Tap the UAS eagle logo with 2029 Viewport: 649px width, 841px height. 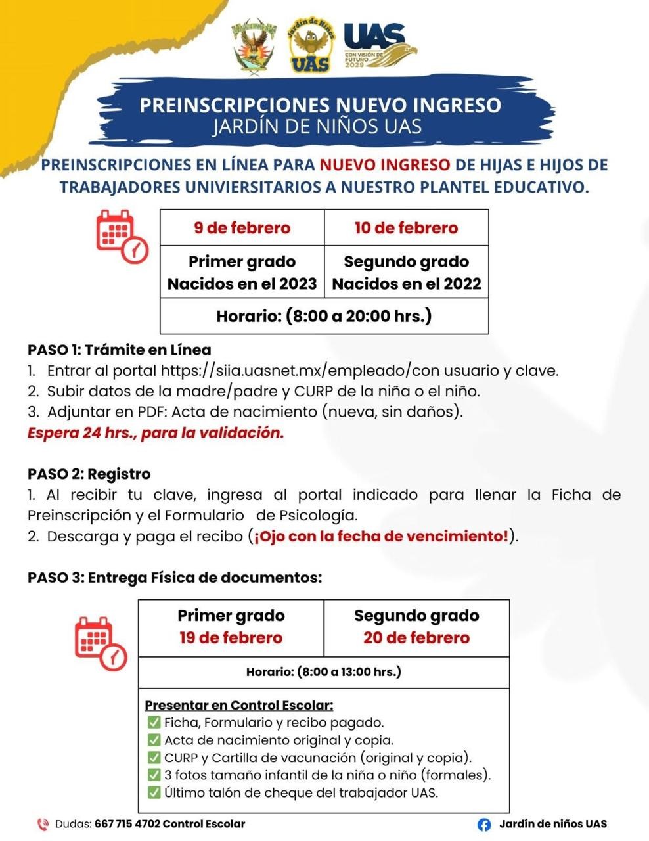[380, 46]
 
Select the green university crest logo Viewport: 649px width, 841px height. [254, 46]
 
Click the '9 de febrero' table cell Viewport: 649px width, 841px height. [242, 228]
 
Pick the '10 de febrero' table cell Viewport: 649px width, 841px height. [406, 228]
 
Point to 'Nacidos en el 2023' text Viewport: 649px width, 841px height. [242, 284]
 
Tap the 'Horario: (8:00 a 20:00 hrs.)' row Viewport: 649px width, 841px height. [324, 316]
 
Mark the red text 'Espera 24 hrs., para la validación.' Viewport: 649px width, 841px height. [156, 433]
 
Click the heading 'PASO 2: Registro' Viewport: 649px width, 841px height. [89, 474]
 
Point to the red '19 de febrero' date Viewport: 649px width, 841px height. [231, 637]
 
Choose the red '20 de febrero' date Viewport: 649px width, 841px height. [416, 637]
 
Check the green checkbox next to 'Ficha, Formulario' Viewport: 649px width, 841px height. [154, 723]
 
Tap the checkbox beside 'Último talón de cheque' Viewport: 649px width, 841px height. [154, 792]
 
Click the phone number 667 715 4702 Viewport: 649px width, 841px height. [127, 823]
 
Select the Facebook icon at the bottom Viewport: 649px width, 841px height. [484, 825]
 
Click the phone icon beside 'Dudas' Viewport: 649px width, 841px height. [43, 824]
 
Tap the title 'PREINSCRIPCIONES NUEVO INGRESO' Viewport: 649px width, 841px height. [321, 105]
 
